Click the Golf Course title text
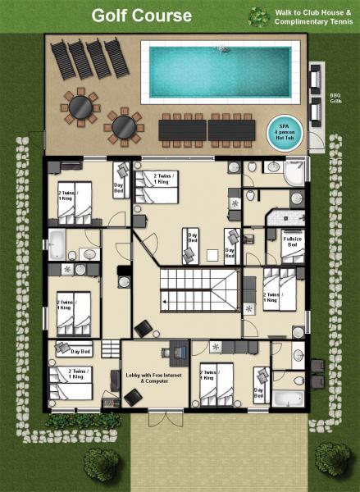(x=141, y=15)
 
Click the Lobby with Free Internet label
(x=146, y=378)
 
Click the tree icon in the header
(x=258, y=16)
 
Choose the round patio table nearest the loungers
(x=80, y=105)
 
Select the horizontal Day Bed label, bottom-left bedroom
(x=80, y=352)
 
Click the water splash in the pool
(x=220, y=52)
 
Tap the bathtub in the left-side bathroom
(x=57, y=244)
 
